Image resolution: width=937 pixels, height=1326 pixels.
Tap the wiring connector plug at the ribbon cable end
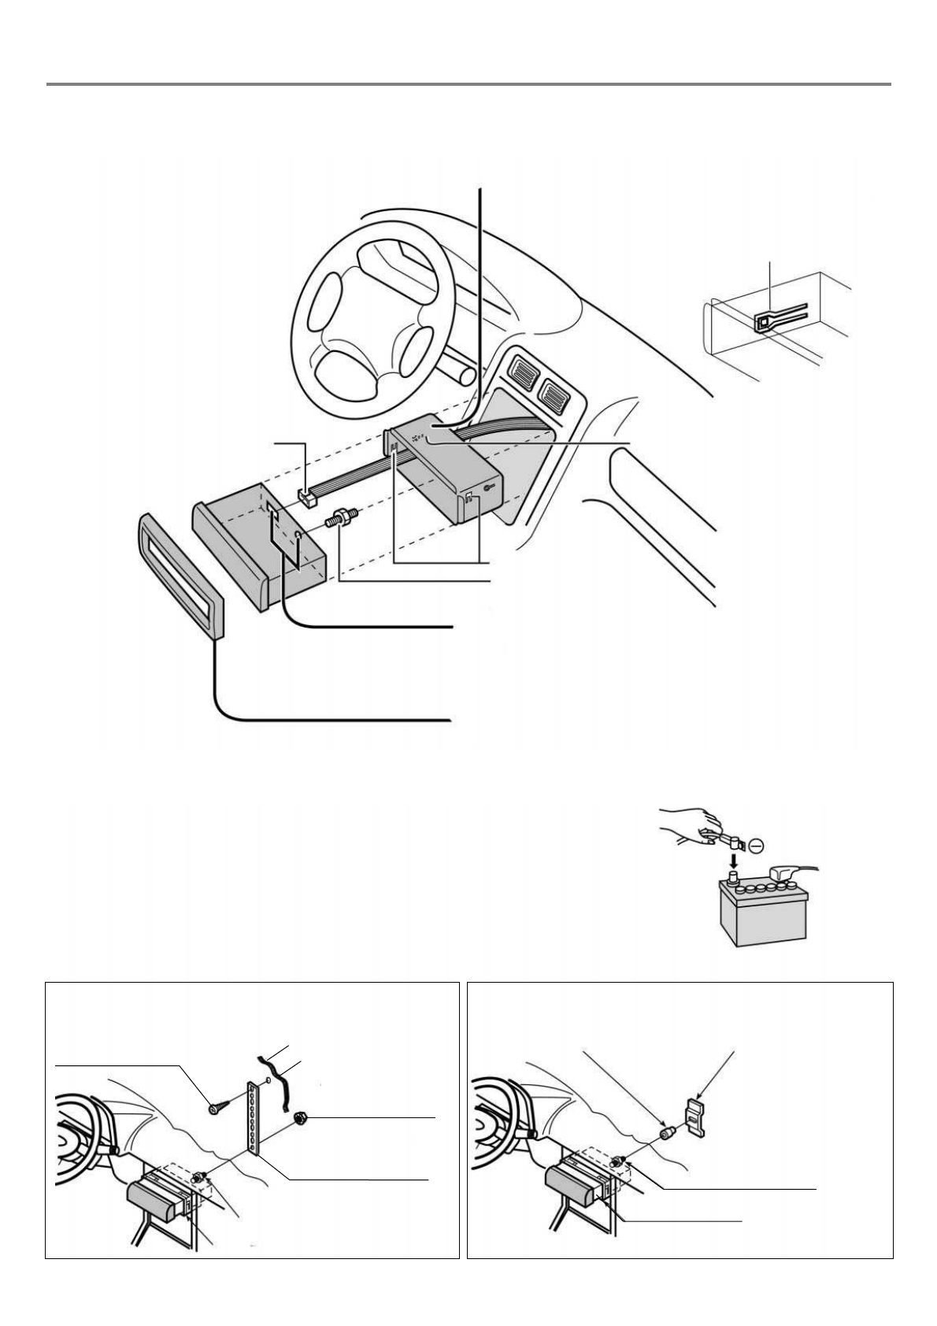(307, 498)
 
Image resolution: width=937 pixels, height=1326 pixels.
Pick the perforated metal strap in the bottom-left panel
(254, 1118)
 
